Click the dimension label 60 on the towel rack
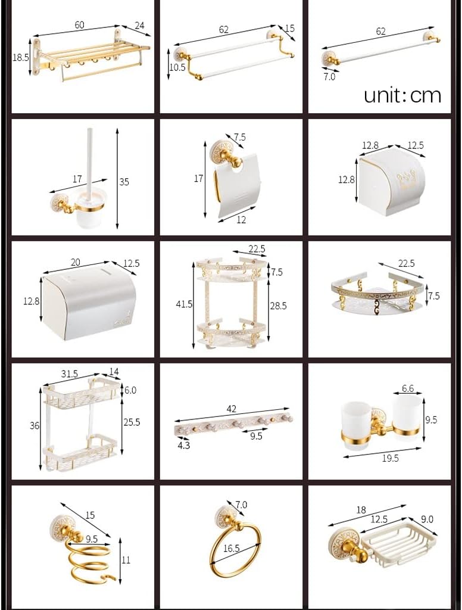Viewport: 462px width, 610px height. click(79, 24)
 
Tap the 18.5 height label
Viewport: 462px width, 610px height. click(21, 58)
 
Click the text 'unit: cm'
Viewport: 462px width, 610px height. click(402, 95)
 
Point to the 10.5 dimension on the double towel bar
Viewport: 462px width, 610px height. click(177, 67)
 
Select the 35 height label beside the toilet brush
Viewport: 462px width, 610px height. click(124, 182)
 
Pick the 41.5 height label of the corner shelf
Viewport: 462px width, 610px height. click(185, 304)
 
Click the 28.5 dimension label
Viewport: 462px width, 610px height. click(277, 305)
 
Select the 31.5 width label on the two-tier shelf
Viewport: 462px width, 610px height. click(70, 374)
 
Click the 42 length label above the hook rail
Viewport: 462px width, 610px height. click(232, 409)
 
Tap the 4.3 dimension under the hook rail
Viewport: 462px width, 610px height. click(183, 445)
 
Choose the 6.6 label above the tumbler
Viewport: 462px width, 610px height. click(408, 388)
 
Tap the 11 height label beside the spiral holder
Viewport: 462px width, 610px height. click(126, 560)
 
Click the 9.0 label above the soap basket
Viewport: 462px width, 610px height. click(426, 519)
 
